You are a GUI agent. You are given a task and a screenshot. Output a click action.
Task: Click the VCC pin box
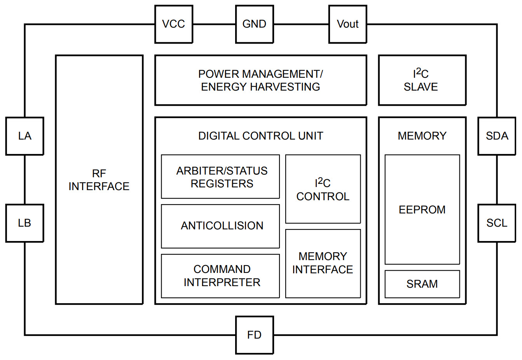174,24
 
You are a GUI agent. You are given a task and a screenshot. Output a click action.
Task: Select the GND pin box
255,24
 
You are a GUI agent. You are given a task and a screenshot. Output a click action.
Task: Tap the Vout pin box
347,24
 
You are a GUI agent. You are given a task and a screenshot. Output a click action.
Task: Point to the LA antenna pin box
24,136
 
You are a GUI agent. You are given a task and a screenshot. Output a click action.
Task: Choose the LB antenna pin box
24,223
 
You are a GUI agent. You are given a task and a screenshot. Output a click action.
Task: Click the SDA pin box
497,136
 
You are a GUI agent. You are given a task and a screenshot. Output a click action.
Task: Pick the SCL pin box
497,223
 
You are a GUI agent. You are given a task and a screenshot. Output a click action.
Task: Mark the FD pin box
255,335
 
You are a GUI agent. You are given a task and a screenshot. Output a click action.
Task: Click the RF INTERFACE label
99,180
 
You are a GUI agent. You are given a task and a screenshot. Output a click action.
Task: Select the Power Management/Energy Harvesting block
260,80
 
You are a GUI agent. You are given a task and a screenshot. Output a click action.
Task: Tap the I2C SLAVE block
422,80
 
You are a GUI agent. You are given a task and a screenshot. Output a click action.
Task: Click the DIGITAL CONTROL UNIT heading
260,136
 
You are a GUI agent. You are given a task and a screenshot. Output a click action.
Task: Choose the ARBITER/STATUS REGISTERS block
220,177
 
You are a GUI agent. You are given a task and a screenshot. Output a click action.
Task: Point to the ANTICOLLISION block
220,226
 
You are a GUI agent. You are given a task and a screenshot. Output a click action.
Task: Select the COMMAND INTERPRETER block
220,276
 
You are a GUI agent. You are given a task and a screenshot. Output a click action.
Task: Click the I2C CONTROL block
323,189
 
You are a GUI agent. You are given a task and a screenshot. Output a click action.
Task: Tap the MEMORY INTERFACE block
323,263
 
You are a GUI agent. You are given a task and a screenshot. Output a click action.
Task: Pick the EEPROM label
422,210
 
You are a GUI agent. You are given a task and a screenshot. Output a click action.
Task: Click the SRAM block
422,284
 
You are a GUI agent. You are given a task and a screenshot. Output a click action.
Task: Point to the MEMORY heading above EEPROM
422,136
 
